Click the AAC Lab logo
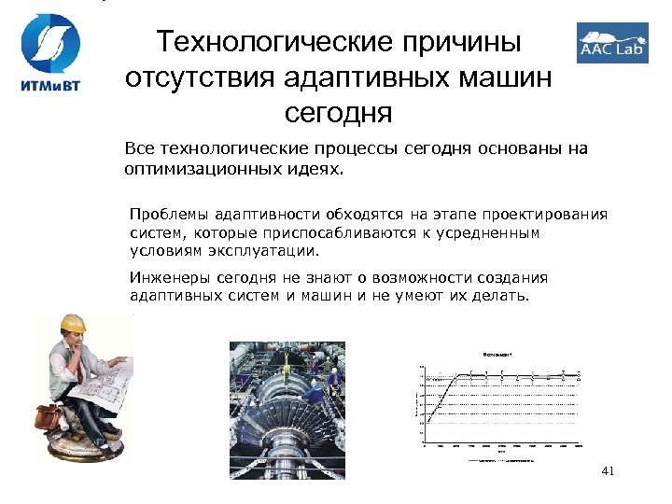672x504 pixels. pyautogui.click(x=611, y=43)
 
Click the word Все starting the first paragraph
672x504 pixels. pyautogui.click(x=140, y=150)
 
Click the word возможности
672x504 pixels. pyautogui.click(x=413, y=278)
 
